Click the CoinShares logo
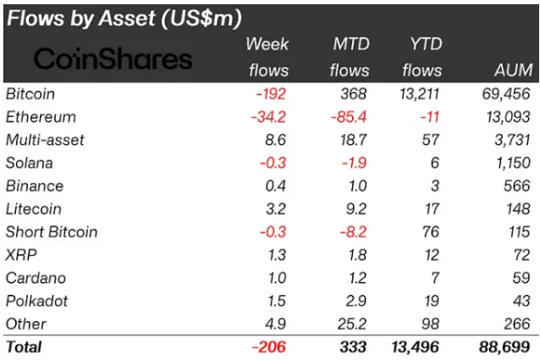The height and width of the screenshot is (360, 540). click(x=113, y=58)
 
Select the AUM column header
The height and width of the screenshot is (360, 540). click(x=512, y=70)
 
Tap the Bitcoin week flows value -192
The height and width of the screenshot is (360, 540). click(x=270, y=93)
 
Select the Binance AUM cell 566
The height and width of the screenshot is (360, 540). click(x=516, y=186)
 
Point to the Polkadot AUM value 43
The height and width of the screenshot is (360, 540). click(x=521, y=301)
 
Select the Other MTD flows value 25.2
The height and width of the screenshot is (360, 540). click(x=352, y=324)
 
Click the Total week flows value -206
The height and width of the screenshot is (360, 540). click(x=270, y=346)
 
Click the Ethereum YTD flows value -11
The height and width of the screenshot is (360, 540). click(x=430, y=117)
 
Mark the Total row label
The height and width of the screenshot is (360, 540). click(x=24, y=346)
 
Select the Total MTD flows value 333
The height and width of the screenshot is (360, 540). click(x=355, y=346)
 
